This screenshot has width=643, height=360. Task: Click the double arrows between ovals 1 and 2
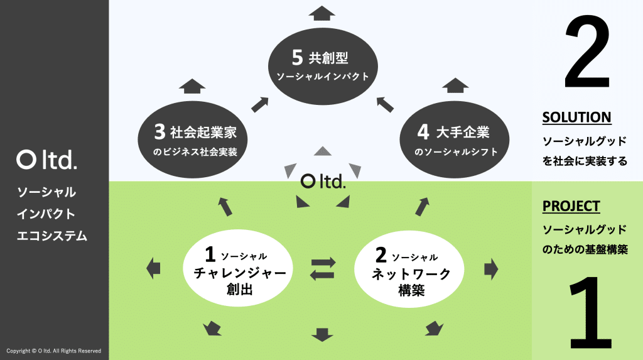pos(323,268)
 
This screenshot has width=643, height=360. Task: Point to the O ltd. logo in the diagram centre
pos(323,182)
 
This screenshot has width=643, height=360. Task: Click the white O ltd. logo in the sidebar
pos(47,160)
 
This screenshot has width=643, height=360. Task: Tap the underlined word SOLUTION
pos(576,117)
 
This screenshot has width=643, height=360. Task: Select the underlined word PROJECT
pos(571,206)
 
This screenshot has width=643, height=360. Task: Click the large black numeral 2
pos(586,53)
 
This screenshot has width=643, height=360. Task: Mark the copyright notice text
pos(53,351)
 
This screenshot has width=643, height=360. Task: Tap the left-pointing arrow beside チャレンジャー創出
pos(153,269)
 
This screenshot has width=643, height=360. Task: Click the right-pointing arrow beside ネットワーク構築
pos(491,269)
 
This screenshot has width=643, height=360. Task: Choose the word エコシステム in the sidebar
pos(52,236)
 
